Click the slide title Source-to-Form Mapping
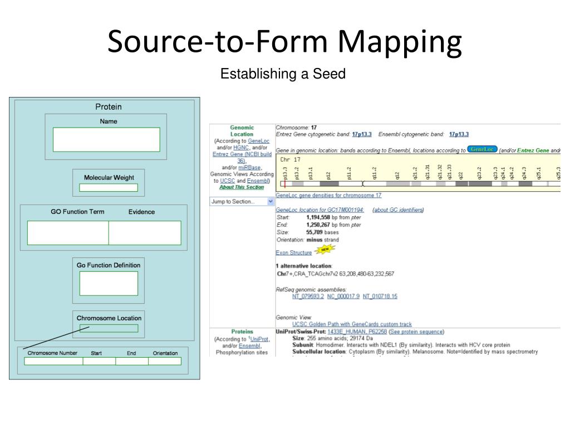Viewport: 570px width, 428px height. tap(284, 42)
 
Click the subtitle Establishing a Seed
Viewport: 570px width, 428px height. tap(283, 74)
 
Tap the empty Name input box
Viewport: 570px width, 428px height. tap(106, 139)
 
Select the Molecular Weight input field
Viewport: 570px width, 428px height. tap(109, 188)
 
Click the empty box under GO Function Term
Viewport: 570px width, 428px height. tap(68, 233)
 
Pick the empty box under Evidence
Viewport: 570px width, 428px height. tap(145, 233)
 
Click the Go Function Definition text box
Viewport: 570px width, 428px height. tap(109, 283)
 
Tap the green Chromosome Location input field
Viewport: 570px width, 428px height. tap(109, 328)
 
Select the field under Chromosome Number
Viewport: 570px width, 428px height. tap(53, 361)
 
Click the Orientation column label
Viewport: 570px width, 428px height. tap(165, 353)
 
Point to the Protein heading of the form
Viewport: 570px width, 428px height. tap(108, 107)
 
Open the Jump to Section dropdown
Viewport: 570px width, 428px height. tap(242, 202)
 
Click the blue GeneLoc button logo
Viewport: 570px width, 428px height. tap(482, 149)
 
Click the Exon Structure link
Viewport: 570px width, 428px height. tap(294, 252)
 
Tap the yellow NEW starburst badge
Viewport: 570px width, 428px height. tap(325, 250)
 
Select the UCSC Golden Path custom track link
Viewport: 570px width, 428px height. tap(352, 324)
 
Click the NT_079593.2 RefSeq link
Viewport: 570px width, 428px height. tap(308, 296)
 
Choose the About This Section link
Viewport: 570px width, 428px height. tap(242, 187)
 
